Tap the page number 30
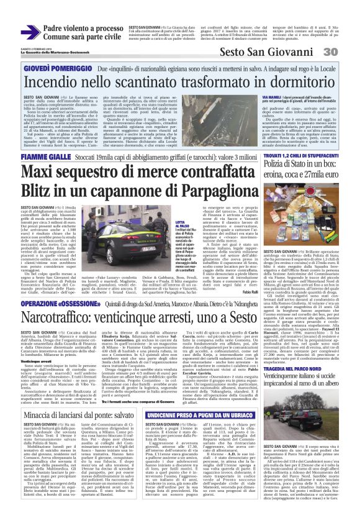pos(347,53)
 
